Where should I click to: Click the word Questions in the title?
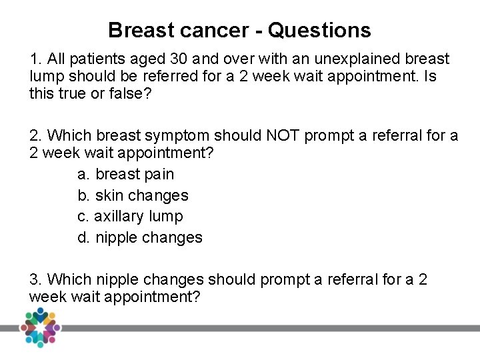point(319,30)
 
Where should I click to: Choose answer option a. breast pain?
point(125,174)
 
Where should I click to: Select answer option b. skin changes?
point(133,195)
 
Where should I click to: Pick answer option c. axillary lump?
point(130,216)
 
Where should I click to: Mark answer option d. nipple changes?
point(139,237)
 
